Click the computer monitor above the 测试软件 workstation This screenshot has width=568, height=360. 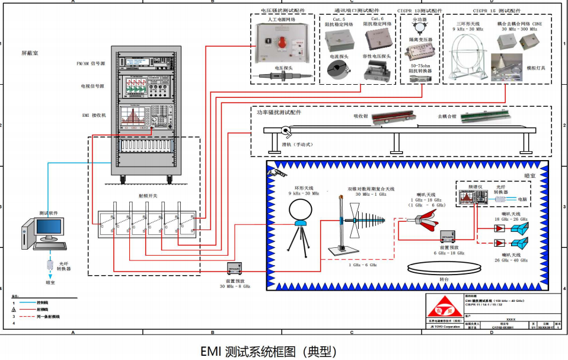pyautogui.click(x=49, y=227)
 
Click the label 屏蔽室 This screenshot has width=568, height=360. pyautogui.click(x=30, y=53)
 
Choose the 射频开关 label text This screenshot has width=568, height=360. pyautogui.click(x=144, y=195)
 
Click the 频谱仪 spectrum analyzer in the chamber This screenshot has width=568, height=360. pyautogui.click(x=473, y=196)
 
